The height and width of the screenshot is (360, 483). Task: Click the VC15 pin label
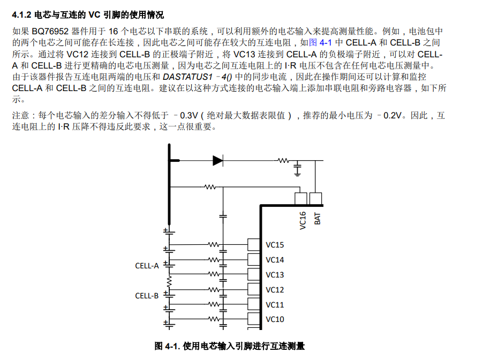coord(275,245)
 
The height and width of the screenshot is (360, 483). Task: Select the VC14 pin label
coord(275,260)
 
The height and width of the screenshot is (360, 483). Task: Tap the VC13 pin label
coord(275,275)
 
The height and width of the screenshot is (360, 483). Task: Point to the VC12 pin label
coord(275,290)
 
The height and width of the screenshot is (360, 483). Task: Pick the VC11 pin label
coord(275,305)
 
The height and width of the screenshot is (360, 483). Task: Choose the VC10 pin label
coord(275,319)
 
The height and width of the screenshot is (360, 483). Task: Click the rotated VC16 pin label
coord(303,220)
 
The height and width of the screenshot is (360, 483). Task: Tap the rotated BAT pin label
coord(318,218)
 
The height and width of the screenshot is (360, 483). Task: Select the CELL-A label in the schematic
coord(147,265)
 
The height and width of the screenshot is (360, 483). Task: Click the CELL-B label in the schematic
coord(147,296)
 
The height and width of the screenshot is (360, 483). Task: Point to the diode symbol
coord(217,160)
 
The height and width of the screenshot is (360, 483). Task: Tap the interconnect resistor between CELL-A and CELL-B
coord(169,281)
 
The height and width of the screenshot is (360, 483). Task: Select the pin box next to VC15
coord(253,245)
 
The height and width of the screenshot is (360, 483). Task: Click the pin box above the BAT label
coord(316,199)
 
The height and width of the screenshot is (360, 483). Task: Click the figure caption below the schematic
coord(230,346)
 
